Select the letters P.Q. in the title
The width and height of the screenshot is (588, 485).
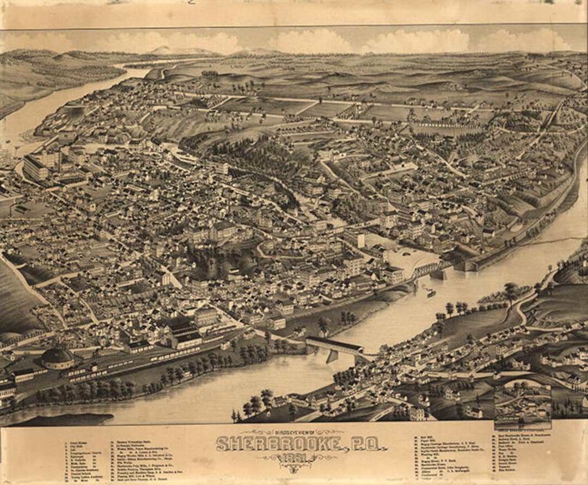tap(366, 444)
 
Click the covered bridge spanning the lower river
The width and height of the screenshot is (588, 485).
tap(334, 345)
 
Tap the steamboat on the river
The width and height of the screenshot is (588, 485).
tap(431, 293)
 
